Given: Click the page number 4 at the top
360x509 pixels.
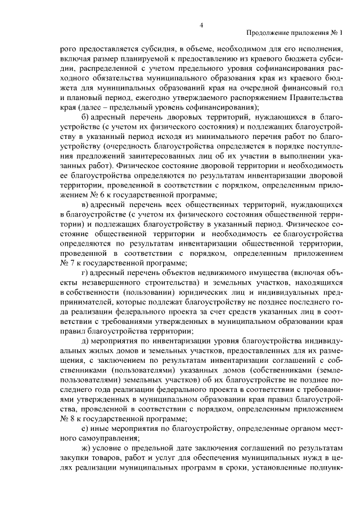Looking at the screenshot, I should point(201,25).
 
